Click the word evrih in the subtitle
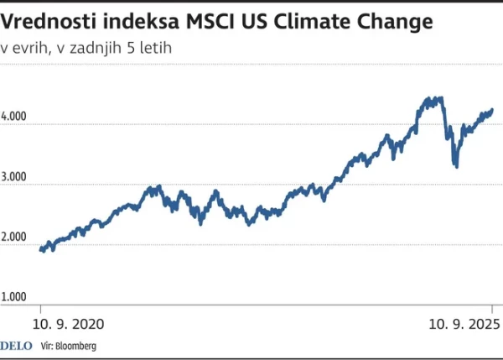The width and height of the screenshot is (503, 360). [x=38, y=47]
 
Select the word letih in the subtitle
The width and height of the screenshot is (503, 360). [x=153, y=47]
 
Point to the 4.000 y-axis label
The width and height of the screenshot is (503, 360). [x=13, y=117]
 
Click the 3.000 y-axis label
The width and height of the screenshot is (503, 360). [x=13, y=178]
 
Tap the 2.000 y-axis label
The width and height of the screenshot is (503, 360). [x=13, y=238]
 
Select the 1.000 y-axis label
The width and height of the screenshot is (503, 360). [x=13, y=297]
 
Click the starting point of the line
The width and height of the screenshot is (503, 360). [x=41, y=248]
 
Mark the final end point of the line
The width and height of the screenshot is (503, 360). [x=492, y=109]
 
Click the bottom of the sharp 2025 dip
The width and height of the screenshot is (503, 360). [x=456, y=166]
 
